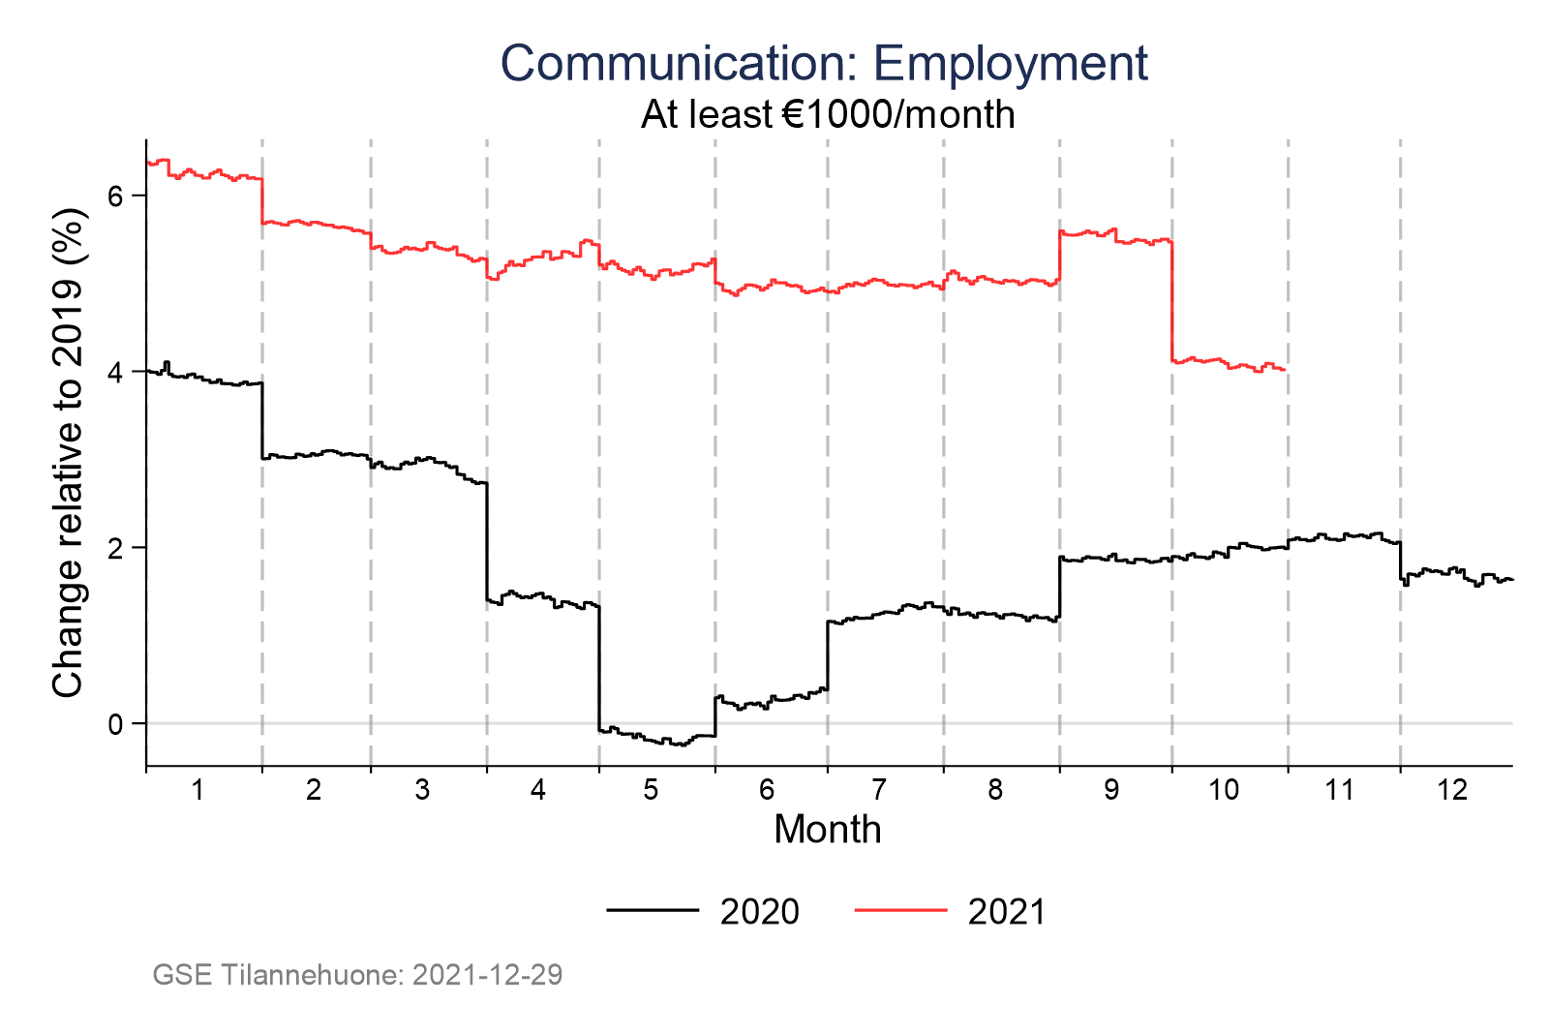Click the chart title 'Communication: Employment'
pyautogui.click(x=824, y=64)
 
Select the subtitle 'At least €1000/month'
pyautogui.click(x=828, y=115)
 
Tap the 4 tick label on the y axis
pyautogui.click(x=115, y=372)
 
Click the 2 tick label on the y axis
pyautogui.click(x=115, y=548)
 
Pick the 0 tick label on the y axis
pyautogui.click(x=115, y=724)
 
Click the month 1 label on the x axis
pyautogui.click(x=197, y=790)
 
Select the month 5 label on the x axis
pyautogui.click(x=651, y=790)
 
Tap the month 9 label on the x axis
pyautogui.click(x=1111, y=790)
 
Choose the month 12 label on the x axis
pyautogui.click(x=1452, y=790)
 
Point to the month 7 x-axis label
pyautogui.click(x=878, y=790)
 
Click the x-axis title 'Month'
pyautogui.click(x=828, y=830)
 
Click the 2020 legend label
pyautogui.click(x=760, y=912)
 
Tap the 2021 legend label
pyautogui.click(x=1007, y=912)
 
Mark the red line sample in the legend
pyautogui.click(x=900, y=910)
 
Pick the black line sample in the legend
pyautogui.click(x=653, y=910)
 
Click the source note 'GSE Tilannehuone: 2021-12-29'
pyautogui.click(x=357, y=974)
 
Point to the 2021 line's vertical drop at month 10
pyautogui.click(x=1171, y=300)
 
